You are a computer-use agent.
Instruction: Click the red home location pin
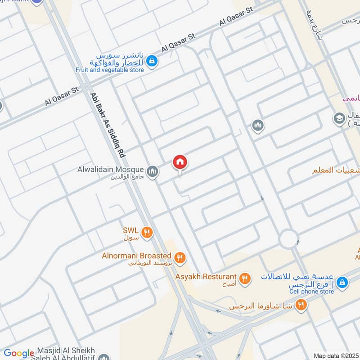[x=180, y=162]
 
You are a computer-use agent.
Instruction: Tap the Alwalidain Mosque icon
[x=153, y=171]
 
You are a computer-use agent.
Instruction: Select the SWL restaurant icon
[x=146, y=233]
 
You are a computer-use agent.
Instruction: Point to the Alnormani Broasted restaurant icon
[x=180, y=258]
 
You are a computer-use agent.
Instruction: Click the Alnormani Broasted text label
[x=136, y=256]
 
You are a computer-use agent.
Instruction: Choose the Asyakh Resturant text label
[x=206, y=276]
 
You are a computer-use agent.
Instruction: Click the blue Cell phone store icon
[x=342, y=282]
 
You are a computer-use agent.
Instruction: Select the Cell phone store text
[x=311, y=292]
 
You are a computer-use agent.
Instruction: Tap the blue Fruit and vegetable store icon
[x=152, y=60]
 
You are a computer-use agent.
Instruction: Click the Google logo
[x=19, y=353]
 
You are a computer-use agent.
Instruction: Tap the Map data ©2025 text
[x=335, y=355]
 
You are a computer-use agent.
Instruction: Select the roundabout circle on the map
[x=288, y=238]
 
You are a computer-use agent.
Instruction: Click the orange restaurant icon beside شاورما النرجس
[x=301, y=305]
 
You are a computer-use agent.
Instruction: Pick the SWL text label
[x=130, y=230]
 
